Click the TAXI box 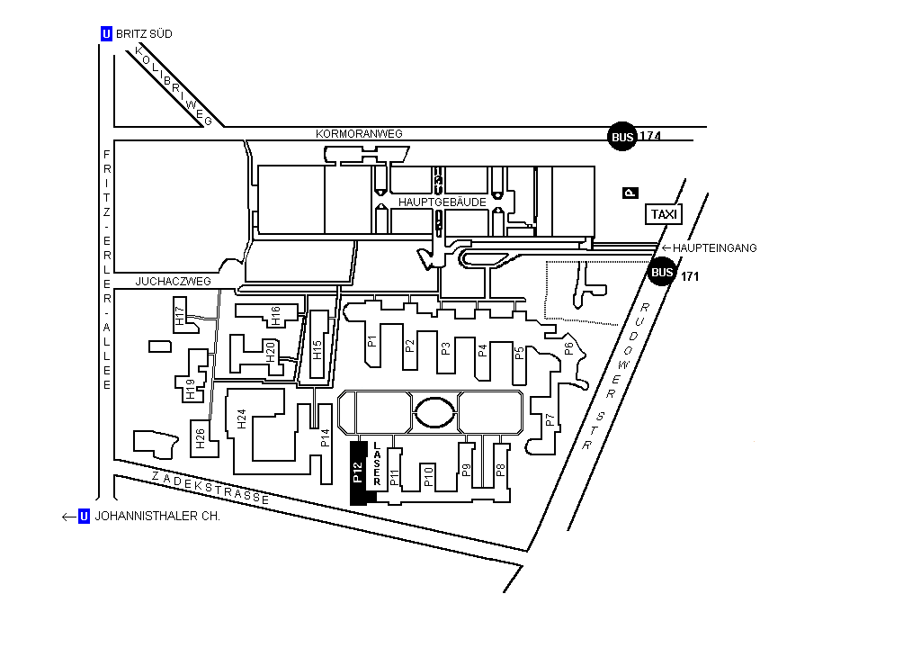pos(664,214)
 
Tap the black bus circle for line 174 pos(622,137)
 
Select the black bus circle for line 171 pos(662,272)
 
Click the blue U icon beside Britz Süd pos(107,34)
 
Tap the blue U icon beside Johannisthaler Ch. pos(85,517)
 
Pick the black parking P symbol pos(630,193)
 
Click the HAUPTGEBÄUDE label pos(443,202)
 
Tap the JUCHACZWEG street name pos(173,282)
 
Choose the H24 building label pos(241,418)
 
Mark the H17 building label pos(180,317)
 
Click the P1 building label pos(371,342)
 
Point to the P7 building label pos(550,419)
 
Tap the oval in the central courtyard pos(435,413)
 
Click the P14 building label pos(326,438)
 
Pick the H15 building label pos(317,349)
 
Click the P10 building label pos(429,477)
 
